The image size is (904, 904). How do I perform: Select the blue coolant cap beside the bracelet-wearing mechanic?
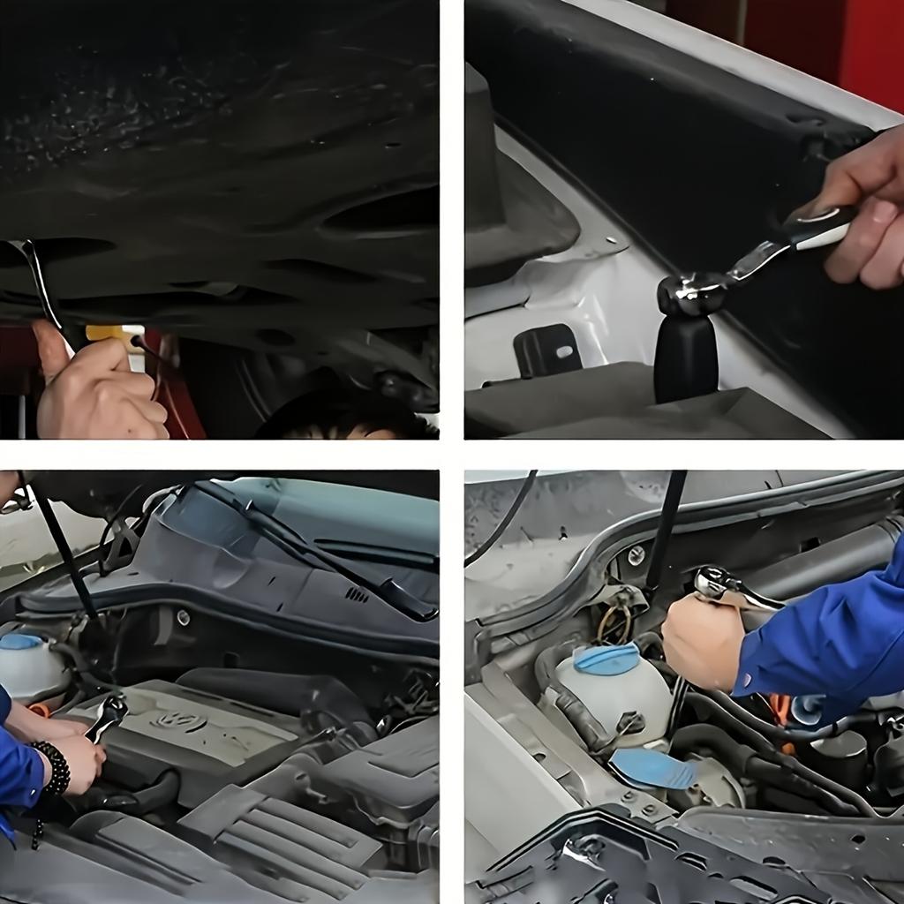(21, 642)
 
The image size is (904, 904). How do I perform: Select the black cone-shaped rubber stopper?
(686, 358)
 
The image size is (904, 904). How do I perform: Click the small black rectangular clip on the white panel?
(546, 350)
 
